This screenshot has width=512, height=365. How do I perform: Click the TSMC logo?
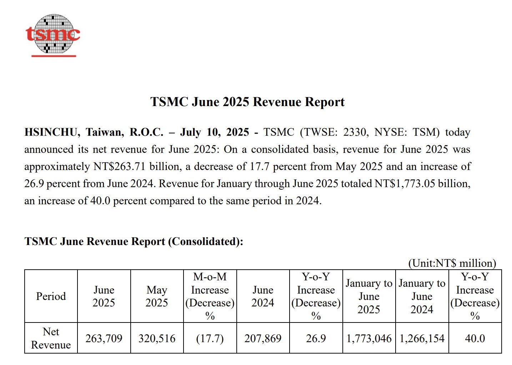tap(53, 35)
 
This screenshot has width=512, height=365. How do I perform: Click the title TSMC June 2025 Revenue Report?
tap(247, 102)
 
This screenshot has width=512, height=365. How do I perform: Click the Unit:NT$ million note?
tap(452, 263)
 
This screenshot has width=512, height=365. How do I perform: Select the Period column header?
tap(51, 296)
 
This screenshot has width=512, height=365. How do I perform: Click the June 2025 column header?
tap(104, 296)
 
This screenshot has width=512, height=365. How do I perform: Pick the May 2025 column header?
tap(157, 296)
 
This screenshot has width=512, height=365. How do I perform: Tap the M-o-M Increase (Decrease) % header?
tap(210, 296)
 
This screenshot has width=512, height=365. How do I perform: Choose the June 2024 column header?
tap(263, 296)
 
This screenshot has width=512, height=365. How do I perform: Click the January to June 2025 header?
tap(369, 296)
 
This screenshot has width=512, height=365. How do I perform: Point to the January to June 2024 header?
tap(422, 296)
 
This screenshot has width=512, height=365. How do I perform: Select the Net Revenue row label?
tap(51, 338)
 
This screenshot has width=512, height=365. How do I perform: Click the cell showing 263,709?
tap(104, 338)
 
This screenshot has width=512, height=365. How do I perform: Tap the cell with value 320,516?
tap(157, 338)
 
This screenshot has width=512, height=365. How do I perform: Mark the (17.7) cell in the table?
tap(210, 338)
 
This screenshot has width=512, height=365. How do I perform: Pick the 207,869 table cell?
tap(263, 338)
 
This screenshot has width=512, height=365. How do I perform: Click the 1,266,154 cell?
tap(422, 338)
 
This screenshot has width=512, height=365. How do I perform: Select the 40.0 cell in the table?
tap(475, 338)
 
